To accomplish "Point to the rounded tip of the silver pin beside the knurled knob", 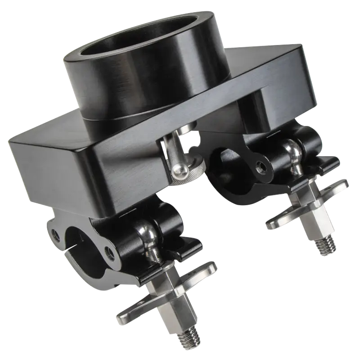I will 177,170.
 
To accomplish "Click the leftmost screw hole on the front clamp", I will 55,233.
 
